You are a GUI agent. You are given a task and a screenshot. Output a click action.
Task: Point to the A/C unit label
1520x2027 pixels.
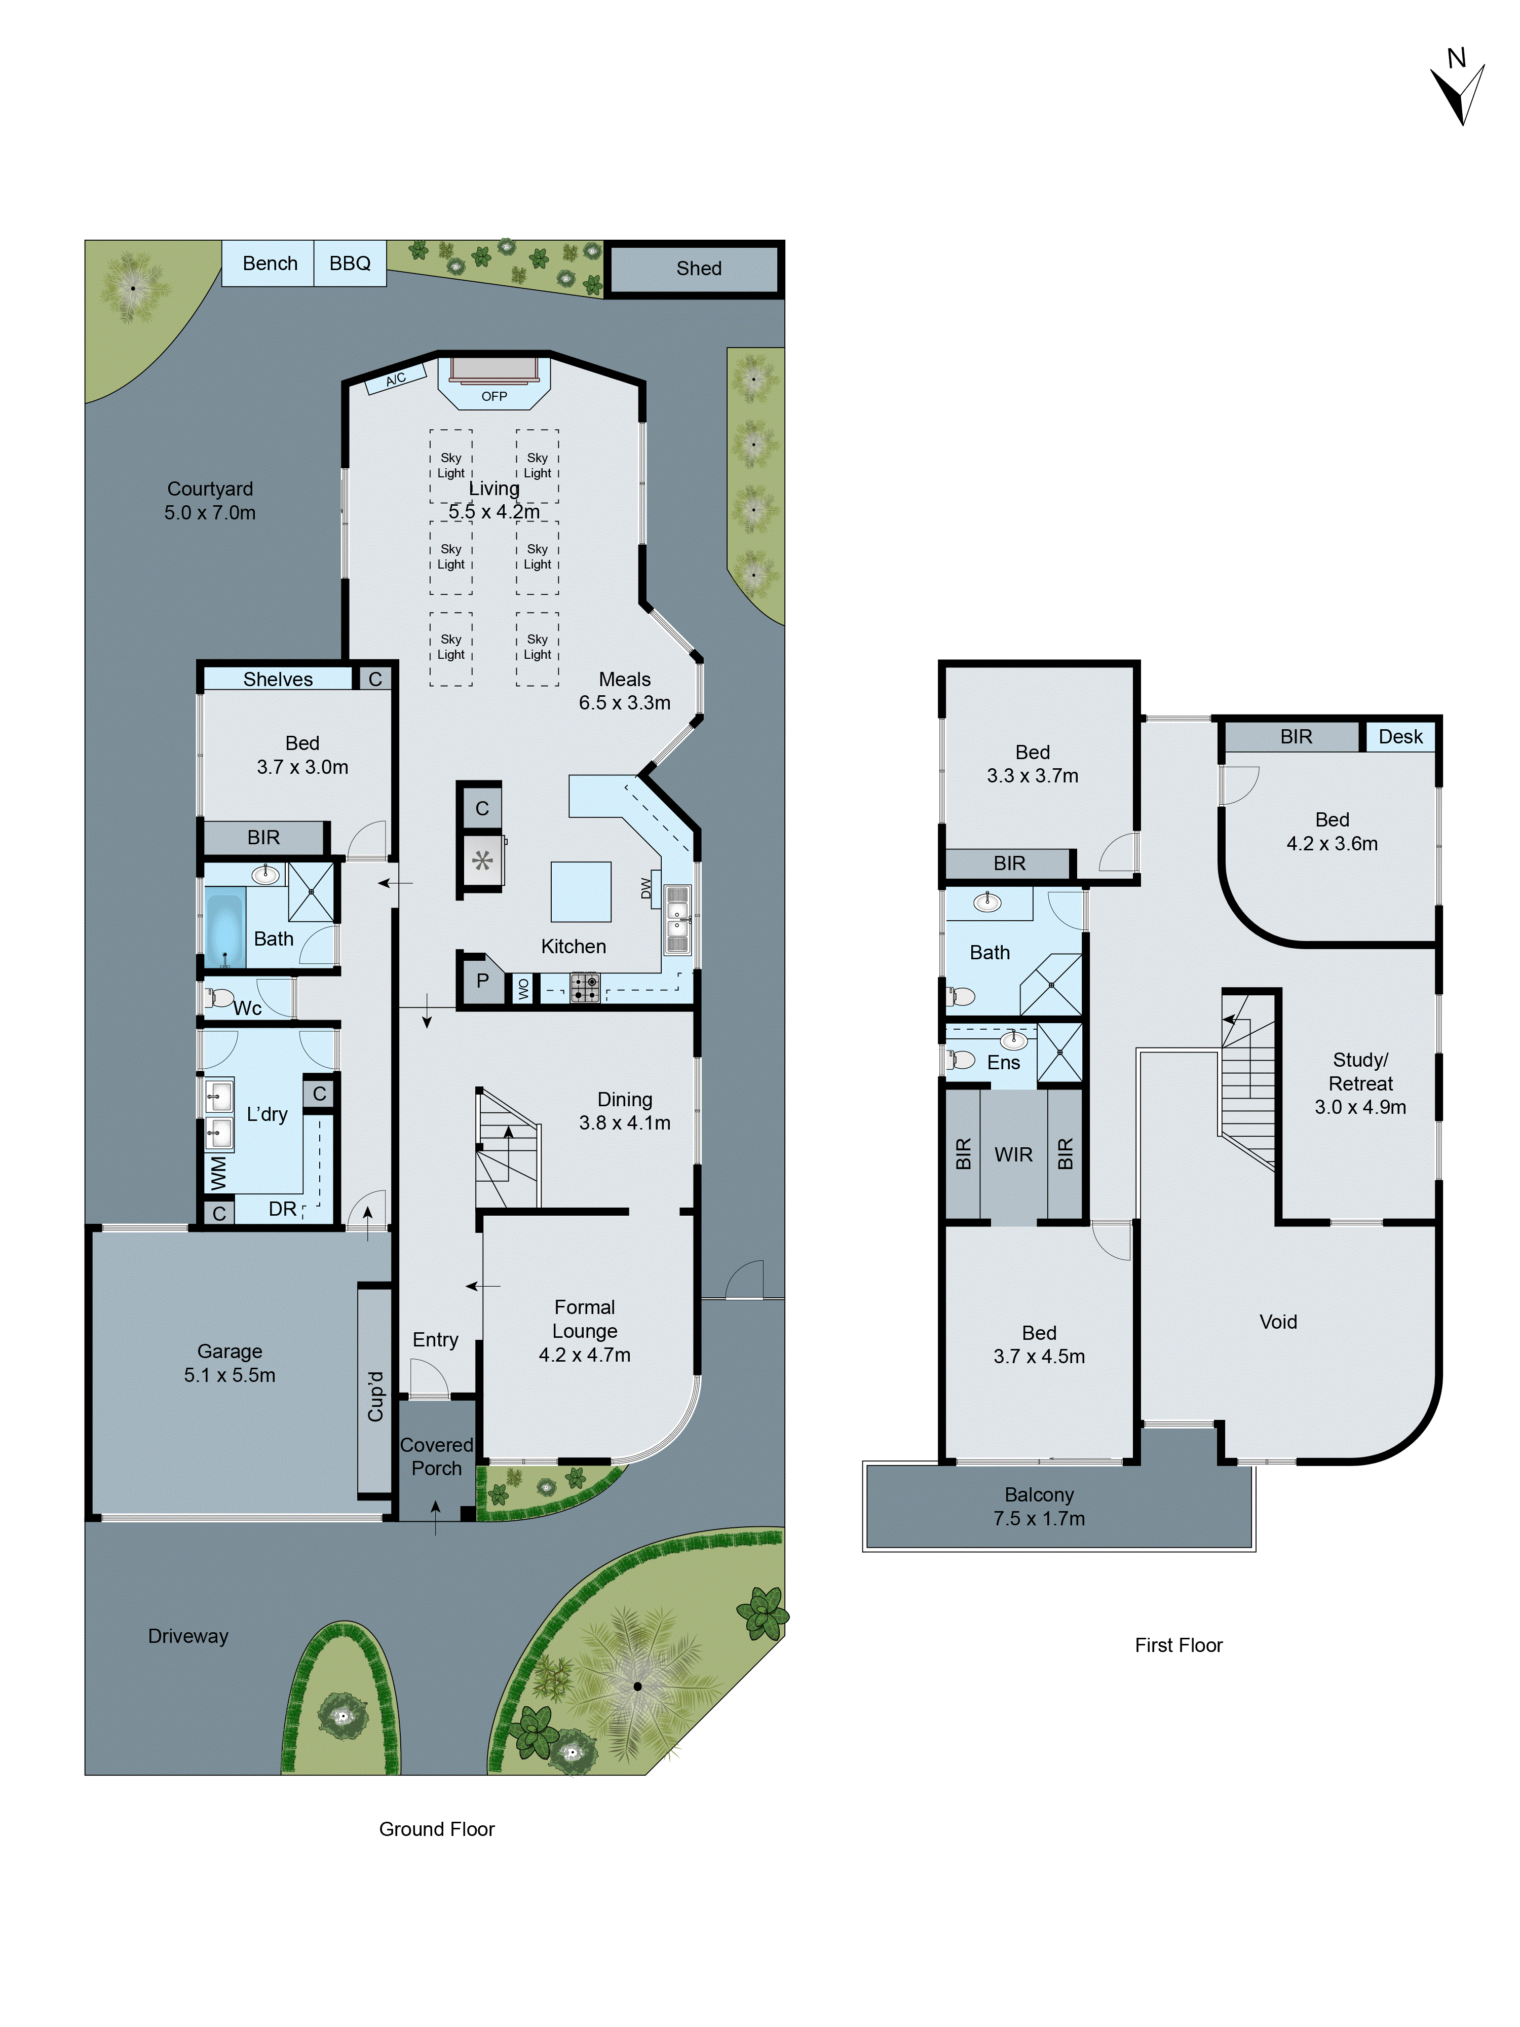pos(396,379)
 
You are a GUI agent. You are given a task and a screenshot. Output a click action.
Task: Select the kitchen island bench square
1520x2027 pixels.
pos(580,891)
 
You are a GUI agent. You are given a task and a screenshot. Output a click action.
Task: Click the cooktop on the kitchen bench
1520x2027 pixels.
pos(585,987)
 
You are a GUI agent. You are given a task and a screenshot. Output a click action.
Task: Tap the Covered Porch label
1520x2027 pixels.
pos(436,1456)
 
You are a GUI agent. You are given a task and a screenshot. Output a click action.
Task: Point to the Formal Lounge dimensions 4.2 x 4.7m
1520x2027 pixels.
pos(585,1355)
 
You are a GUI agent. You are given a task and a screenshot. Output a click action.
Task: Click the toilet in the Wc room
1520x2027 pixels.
pos(220,997)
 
